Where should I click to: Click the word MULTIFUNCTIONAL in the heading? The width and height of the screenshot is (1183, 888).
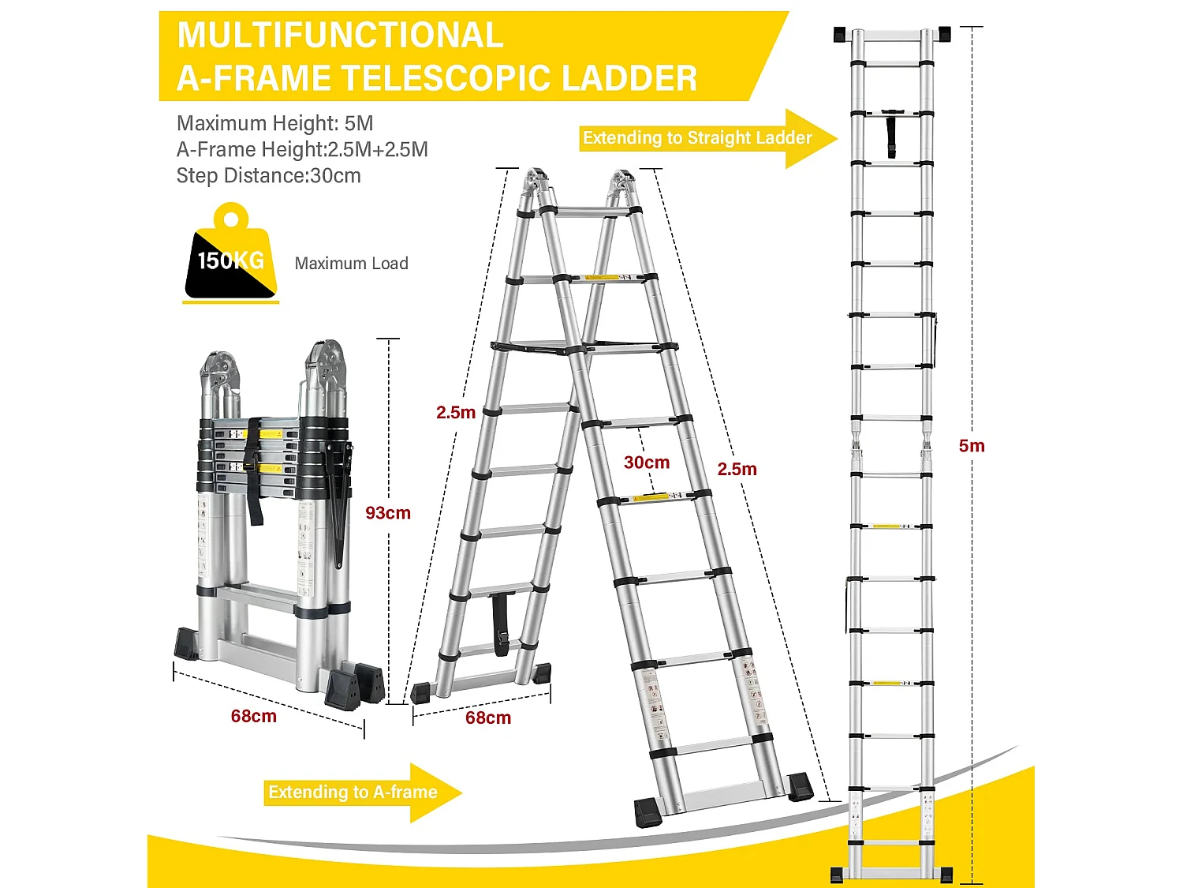340,35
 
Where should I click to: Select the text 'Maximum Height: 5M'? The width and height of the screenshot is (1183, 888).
275,123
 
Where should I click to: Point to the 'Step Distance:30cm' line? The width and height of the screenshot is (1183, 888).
268,176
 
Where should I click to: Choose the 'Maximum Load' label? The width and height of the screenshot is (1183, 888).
352,263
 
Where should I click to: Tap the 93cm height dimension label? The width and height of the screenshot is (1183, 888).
388,513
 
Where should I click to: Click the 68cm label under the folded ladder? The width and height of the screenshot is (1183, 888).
253,716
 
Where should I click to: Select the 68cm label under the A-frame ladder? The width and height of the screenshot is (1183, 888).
488,718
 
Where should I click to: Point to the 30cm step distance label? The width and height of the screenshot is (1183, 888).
647,462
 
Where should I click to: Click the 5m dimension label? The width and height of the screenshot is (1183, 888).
972,445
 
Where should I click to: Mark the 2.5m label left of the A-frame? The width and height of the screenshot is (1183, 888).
456,413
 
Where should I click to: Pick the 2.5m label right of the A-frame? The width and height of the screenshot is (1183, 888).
737,469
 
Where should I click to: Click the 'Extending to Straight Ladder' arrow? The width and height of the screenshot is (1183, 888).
708,139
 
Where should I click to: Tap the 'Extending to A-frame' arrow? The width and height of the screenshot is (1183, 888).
363,792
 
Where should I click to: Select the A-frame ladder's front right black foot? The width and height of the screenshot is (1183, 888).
800,789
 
